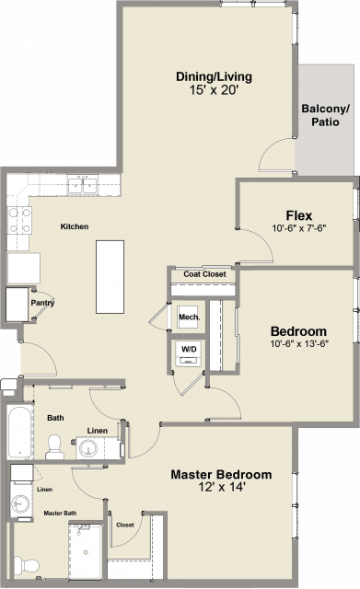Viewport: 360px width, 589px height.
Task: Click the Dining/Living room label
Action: [214, 76]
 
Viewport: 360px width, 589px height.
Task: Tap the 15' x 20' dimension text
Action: [215, 90]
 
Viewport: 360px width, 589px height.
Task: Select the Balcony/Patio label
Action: [325, 115]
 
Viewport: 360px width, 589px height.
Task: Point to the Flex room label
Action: [298, 215]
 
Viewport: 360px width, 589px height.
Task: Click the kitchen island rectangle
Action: [110, 277]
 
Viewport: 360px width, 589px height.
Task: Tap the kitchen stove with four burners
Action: [19, 220]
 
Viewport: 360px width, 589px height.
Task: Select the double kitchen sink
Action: [82, 185]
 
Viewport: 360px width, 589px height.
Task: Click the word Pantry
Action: [42, 303]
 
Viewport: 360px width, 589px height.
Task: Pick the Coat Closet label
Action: [204, 274]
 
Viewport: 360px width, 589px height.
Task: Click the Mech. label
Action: [189, 317]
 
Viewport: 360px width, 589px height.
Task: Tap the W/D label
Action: [189, 349]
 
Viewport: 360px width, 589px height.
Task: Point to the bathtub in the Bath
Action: [20, 432]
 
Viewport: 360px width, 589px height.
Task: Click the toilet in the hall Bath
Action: [54, 447]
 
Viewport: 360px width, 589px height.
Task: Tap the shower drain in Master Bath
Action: [86, 552]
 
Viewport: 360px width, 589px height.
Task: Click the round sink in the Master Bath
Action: [19, 502]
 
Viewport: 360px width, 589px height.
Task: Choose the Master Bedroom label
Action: [221, 475]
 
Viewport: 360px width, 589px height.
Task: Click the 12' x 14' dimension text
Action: [222, 487]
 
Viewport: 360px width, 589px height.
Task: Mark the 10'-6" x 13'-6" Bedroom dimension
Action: [299, 343]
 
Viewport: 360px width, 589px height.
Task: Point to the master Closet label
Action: [125, 525]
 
